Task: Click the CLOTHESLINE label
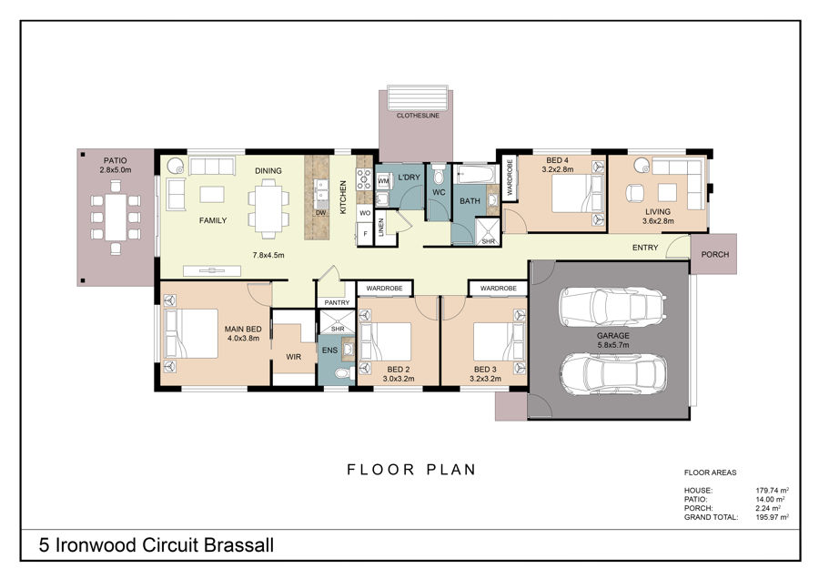click(418, 116)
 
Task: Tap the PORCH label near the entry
click(714, 255)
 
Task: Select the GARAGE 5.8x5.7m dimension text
click(613, 345)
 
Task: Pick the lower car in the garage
click(612, 374)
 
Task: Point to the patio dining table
click(116, 217)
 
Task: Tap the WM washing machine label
click(383, 181)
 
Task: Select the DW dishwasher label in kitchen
click(320, 213)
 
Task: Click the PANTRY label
click(337, 302)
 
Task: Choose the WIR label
click(294, 357)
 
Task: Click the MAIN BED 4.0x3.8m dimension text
click(243, 338)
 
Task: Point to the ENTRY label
click(645, 248)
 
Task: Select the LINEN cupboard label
click(381, 228)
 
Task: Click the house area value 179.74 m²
click(772, 490)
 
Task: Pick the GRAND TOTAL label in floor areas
click(711, 517)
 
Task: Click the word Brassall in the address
click(238, 545)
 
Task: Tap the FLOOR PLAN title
click(411, 469)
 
